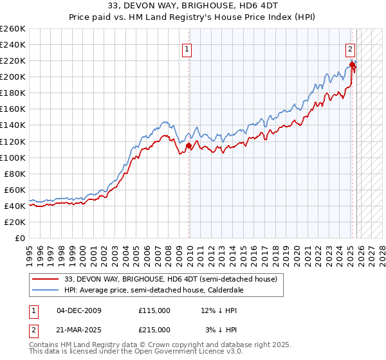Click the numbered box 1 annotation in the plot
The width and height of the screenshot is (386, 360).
[x=187, y=48]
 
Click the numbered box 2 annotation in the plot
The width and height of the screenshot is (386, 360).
[x=350, y=48]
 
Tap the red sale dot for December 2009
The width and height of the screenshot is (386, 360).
[x=188, y=145]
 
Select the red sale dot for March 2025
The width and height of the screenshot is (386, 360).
[x=352, y=64]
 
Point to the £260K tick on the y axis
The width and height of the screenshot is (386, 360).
[x=13, y=29]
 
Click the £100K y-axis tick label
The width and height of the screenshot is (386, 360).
[x=13, y=157]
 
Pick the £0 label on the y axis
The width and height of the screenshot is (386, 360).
[x=21, y=238]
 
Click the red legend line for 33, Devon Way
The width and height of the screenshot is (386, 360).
[x=46, y=279]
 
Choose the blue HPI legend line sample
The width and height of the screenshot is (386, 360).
[x=46, y=290]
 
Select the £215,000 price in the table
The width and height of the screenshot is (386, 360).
[x=154, y=329]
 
